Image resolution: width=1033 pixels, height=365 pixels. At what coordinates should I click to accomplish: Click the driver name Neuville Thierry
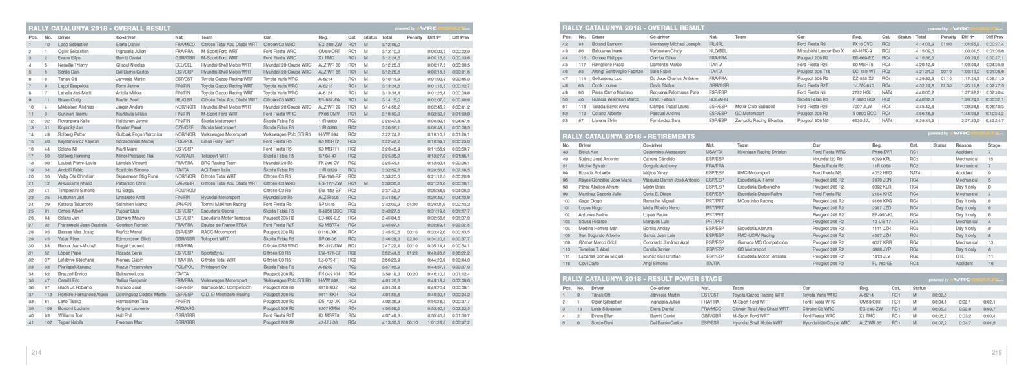point(72,65)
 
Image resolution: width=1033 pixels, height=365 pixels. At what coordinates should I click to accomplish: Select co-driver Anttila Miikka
point(129,92)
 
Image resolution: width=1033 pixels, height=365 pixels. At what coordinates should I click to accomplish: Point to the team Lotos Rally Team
point(218,141)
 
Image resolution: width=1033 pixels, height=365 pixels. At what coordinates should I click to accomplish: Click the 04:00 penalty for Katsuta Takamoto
point(413,204)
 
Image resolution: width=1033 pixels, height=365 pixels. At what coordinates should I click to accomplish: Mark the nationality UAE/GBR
point(184,183)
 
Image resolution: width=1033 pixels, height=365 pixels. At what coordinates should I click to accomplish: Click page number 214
point(36,352)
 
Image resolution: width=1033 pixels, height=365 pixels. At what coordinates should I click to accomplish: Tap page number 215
point(996,352)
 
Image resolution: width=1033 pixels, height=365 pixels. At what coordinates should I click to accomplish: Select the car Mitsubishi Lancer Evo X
point(820,50)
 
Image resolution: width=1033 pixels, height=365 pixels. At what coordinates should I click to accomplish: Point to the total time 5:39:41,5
point(925,120)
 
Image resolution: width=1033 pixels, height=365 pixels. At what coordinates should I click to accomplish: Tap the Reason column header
point(963,145)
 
